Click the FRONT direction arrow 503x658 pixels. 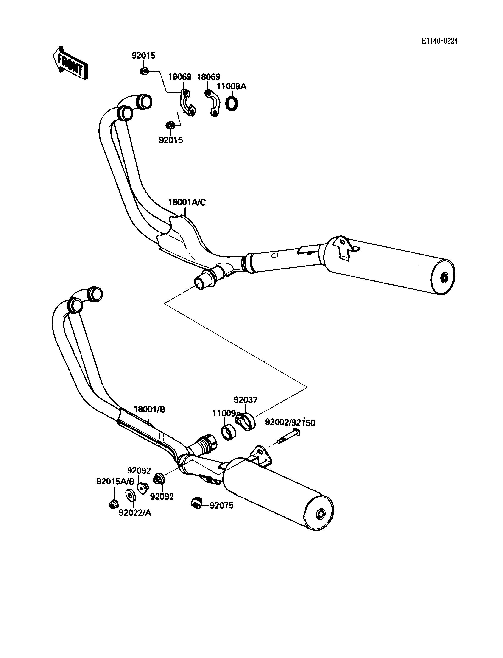[70, 63]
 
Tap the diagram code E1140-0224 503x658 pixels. [439, 41]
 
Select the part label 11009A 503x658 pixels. [232, 86]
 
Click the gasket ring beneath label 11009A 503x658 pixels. [232, 103]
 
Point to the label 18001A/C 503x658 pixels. [187, 202]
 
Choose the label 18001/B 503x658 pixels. [149, 409]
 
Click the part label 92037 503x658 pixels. [246, 400]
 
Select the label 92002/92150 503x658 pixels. [290, 423]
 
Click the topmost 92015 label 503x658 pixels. [144, 56]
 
